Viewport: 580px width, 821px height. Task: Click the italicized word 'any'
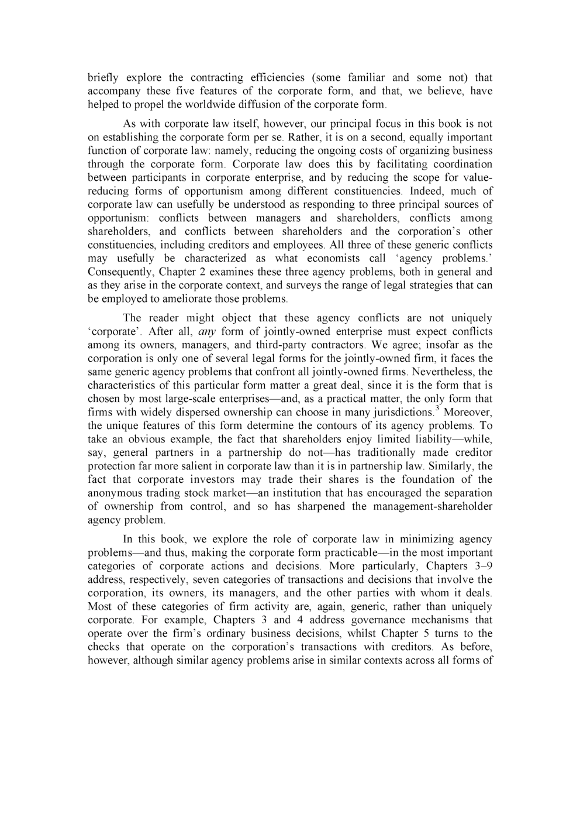pos(203,332)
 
